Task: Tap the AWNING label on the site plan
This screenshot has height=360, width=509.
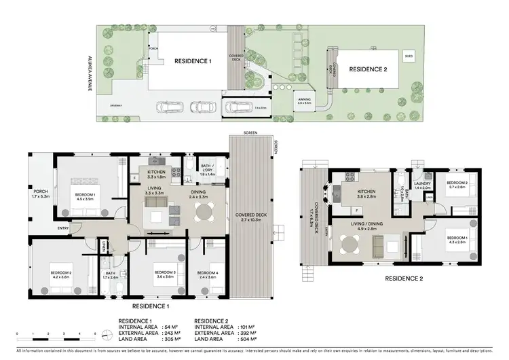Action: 303,101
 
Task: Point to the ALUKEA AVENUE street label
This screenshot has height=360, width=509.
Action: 89,73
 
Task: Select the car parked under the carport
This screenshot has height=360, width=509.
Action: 238,107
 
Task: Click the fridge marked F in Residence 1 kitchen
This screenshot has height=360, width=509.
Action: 135,178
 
